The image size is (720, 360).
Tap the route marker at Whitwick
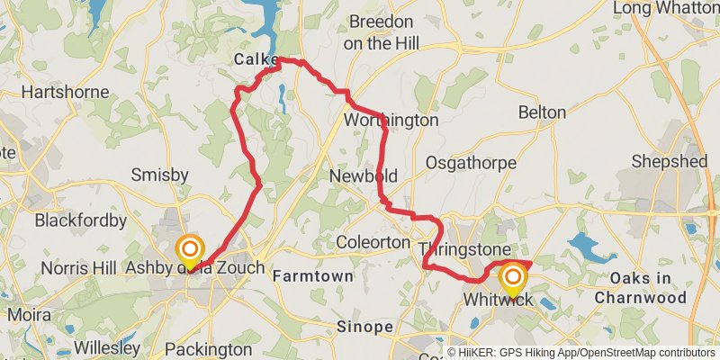tap(513, 278)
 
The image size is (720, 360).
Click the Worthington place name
tap(391, 120)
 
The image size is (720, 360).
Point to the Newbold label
tap(364, 175)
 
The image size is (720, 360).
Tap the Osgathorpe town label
tap(472, 163)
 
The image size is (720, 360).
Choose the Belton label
tap(542, 112)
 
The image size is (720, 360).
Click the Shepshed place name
tap(670, 161)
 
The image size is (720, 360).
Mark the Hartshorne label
tap(65, 92)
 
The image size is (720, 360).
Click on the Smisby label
tap(159, 174)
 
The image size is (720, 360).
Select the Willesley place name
tap(106, 347)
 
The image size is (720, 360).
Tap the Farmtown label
tap(313, 275)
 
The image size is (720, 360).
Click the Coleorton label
tap(373, 242)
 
